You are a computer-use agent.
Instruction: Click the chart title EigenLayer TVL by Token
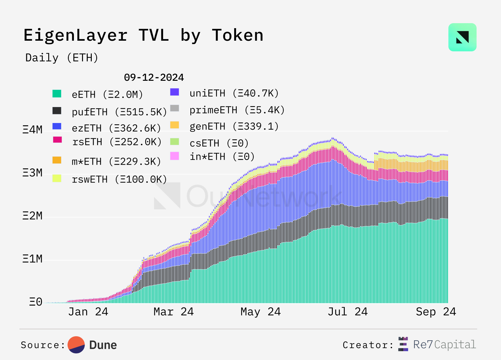coord(143,35)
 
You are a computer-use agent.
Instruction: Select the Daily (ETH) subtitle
coord(62,58)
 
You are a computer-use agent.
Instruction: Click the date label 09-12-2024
coord(154,77)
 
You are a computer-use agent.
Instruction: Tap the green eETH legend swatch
coord(57,94)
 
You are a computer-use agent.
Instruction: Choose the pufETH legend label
coord(119,112)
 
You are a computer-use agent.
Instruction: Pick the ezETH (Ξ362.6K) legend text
coord(116,128)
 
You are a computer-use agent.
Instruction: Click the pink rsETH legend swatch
coord(57,140)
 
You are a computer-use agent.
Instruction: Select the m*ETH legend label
coord(116,161)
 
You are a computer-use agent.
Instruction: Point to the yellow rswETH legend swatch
coord(57,178)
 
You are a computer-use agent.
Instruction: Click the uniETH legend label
coord(234,93)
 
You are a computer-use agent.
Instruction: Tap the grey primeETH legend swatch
coord(174,108)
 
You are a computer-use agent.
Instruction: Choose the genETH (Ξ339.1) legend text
coord(234,126)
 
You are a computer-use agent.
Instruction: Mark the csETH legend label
coord(219,143)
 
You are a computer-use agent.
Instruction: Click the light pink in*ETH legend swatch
coord(174,156)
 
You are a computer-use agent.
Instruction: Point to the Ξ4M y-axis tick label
coord(32,129)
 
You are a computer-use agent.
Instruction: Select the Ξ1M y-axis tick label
coord(32,259)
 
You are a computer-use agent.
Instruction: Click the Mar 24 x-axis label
coord(173,311)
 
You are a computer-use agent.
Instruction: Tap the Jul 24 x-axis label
coord(348,311)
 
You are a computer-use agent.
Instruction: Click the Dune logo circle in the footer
coord(76,345)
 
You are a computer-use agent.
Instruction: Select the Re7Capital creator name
coord(444,344)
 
